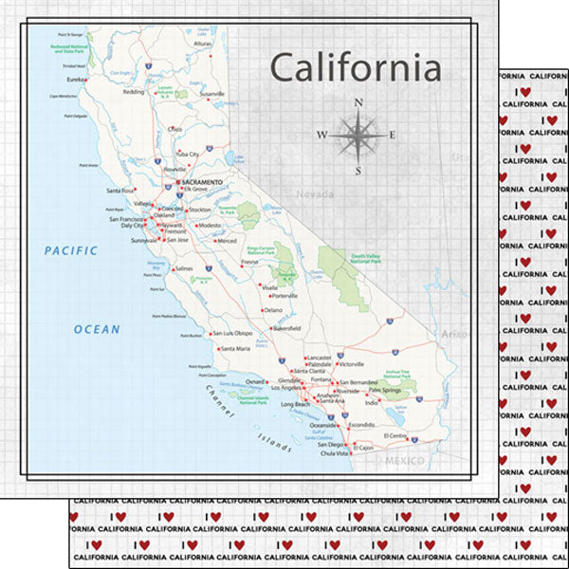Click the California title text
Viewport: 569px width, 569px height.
(x=356, y=68)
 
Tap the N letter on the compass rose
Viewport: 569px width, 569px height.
(x=358, y=102)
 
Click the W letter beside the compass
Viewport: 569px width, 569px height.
(x=321, y=136)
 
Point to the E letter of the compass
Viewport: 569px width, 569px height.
(x=394, y=136)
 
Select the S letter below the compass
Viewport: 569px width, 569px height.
(x=358, y=172)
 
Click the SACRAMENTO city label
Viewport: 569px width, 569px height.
(x=202, y=181)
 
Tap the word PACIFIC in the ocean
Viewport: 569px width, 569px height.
(x=71, y=250)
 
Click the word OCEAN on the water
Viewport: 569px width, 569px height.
(x=98, y=329)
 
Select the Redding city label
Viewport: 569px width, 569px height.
(x=134, y=92)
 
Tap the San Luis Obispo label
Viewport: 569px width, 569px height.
(x=232, y=333)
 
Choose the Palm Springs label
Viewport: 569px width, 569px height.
(x=387, y=390)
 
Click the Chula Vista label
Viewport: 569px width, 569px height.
(x=339, y=453)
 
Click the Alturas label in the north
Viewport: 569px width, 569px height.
(x=203, y=44)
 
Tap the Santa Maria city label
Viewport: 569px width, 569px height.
(x=235, y=349)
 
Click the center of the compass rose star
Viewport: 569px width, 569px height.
(x=358, y=136)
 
